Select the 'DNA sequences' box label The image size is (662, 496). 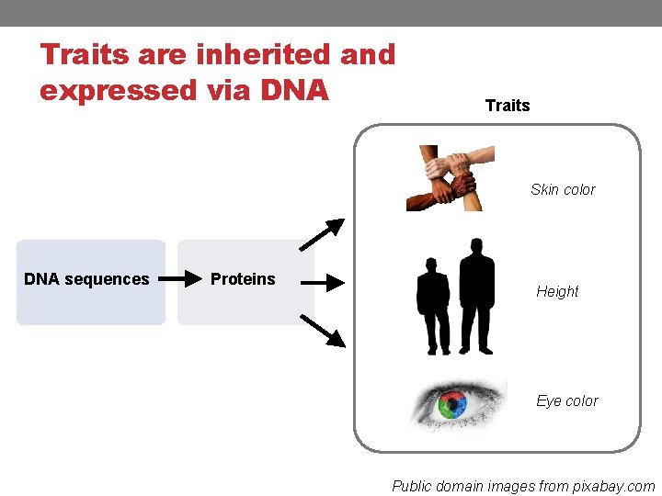[x=86, y=279]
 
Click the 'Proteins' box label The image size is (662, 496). [x=243, y=279]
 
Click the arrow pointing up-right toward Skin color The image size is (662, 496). [x=322, y=234]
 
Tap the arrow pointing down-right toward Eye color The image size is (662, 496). [x=323, y=331]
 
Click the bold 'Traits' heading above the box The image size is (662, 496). [x=508, y=106]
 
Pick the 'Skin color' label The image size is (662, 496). [x=563, y=190]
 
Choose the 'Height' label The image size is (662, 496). [x=557, y=292]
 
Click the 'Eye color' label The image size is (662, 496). [x=567, y=401]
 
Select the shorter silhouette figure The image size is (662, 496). [x=433, y=305]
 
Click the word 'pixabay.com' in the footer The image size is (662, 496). [x=614, y=486]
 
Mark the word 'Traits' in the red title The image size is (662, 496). [x=85, y=55]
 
